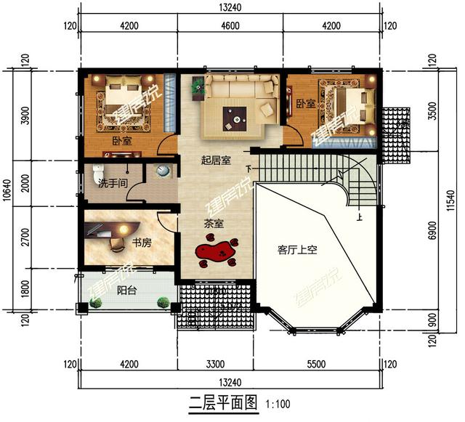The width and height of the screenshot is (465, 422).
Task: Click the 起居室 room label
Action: pyautogui.click(x=216, y=161)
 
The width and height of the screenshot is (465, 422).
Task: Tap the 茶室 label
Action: pyautogui.click(x=214, y=224)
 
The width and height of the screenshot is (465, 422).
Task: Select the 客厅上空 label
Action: pyautogui.click(x=297, y=249)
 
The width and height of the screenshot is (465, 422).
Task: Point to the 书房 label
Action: pyautogui.click(x=142, y=242)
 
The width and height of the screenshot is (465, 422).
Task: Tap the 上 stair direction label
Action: pyautogui.click(x=358, y=216)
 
